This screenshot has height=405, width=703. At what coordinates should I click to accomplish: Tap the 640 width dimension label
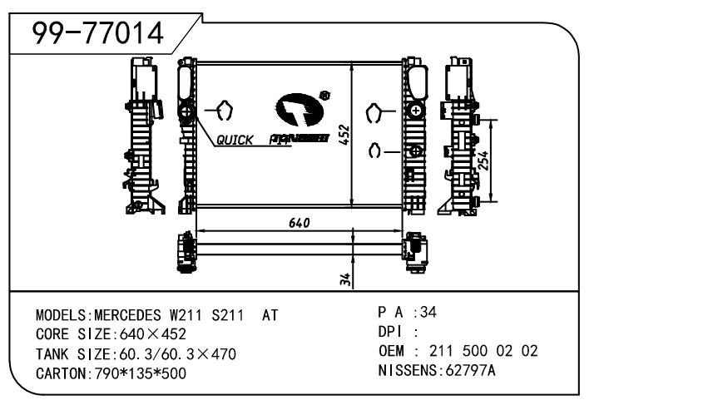[300, 222]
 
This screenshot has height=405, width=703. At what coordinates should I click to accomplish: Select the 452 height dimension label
[343, 136]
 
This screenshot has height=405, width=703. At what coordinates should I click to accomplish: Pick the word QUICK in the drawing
[235, 141]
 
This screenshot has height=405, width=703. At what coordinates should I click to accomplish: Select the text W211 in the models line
[187, 317]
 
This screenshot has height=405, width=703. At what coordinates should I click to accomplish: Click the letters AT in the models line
[270, 317]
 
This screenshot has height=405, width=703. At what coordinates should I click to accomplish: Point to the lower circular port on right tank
[415, 151]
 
